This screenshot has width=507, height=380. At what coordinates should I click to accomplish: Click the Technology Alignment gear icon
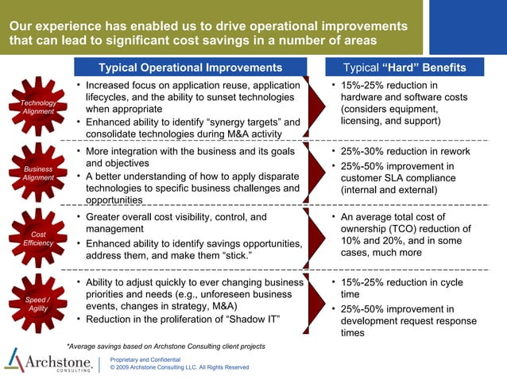click(x=37, y=107)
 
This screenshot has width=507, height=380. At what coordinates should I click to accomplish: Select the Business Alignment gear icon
click(x=37, y=173)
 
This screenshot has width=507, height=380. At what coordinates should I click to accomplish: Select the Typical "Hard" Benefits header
click(x=408, y=68)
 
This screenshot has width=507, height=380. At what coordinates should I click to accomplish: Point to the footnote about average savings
click(x=165, y=347)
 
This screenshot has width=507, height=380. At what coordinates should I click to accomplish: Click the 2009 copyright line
click(x=179, y=367)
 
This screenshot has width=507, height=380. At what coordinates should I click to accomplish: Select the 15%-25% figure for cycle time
click(x=363, y=281)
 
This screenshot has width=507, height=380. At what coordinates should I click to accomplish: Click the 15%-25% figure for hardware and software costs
click(x=363, y=85)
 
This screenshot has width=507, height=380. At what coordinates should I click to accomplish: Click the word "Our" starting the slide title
click(x=21, y=25)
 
